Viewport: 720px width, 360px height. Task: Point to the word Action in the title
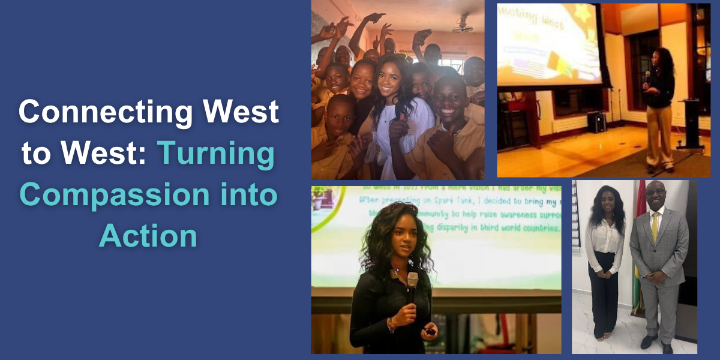click(148, 235)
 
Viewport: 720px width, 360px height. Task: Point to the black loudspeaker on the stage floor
click(596, 122)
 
